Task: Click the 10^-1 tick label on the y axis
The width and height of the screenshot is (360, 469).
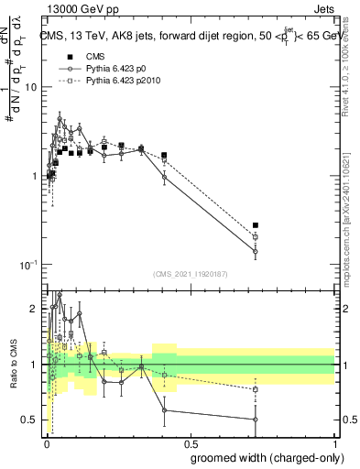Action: (x=29, y=265)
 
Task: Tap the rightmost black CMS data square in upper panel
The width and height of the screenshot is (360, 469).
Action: (x=256, y=225)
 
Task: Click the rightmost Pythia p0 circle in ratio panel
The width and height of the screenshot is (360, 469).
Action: (x=256, y=420)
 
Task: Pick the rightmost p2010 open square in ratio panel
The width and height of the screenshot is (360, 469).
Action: (x=256, y=389)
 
